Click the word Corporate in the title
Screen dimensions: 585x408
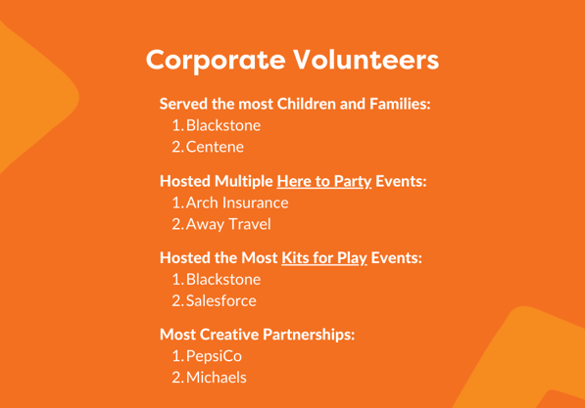coord(216,61)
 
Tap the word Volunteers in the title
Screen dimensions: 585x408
coord(366,60)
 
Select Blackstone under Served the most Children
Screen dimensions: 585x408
coord(223,125)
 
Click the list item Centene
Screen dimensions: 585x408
coord(215,147)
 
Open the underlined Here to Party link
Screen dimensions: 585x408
coord(324,181)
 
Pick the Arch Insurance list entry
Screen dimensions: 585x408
coord(237,203)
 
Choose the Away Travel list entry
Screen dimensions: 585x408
coord(228,224)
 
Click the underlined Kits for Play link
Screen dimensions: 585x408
coord(324,258)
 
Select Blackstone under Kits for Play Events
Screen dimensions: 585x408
coord(223,280)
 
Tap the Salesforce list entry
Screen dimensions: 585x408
coord(221,300)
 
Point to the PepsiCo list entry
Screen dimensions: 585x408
coord(214,356)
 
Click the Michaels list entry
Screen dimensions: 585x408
coord(217,378)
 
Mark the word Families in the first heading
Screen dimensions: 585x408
coord(400,104)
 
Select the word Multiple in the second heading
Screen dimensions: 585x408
coord(244,181)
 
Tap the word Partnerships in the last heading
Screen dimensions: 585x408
coord(309,335)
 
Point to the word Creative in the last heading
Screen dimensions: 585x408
coord(229,335)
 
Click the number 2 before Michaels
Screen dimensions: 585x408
coord(177,378)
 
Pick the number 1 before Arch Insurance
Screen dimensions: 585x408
coord(177,203)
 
